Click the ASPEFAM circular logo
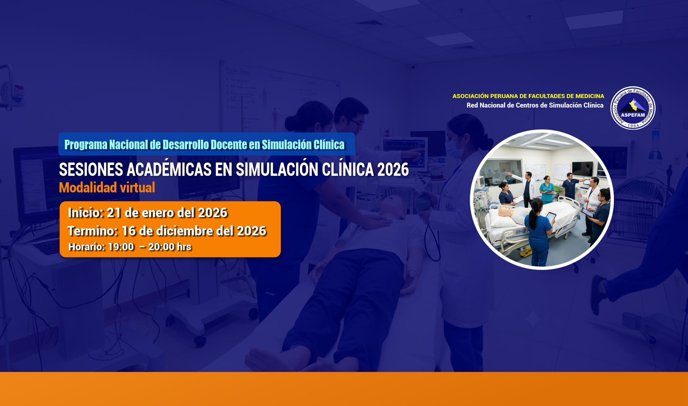(633, 108)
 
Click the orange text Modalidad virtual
(107, 188)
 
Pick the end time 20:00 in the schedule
(161, 247)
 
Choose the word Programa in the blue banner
(86, 145)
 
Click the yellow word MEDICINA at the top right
(590, 96)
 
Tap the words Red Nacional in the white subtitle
(486, 105)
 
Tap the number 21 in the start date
(114, 213)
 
